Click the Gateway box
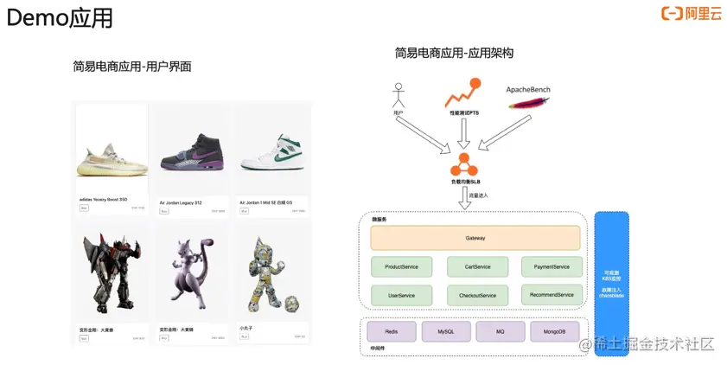coord(475,238)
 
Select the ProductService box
coord(402,267)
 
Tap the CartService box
coord(477,267)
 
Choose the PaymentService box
coord(552,267)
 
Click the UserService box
coord(402,295)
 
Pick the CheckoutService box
coord(477,295)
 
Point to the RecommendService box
coord(552,294)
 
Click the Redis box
coord(392,331)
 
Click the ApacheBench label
coord(527,89)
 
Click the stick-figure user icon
coord(399,94)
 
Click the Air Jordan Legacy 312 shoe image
coord(192,154)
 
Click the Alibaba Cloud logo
coord(691,13)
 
